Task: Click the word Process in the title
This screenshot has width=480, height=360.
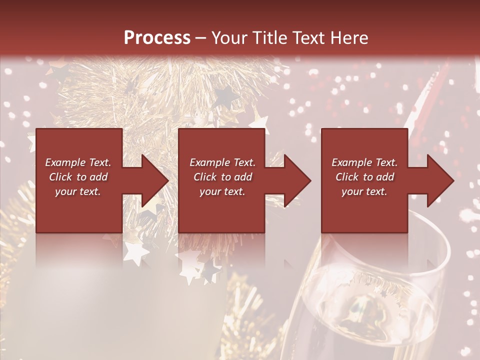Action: tap(157, 38)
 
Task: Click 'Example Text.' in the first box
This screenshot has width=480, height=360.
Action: tap(78, 162)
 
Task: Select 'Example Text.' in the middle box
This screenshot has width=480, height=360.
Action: tap(222, 162)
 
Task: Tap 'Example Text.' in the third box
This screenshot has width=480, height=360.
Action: tap(364, 162)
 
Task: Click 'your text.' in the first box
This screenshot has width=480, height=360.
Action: tap(78, 191)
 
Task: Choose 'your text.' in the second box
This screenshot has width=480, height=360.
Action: tap(222, 191)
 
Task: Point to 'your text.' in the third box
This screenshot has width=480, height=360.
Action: tap(364, 191)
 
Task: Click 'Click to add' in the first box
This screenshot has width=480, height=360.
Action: tap(78, 177)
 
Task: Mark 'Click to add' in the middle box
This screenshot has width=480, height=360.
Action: tap(222, 177)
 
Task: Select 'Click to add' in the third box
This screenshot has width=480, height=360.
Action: tap(364, 177)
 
